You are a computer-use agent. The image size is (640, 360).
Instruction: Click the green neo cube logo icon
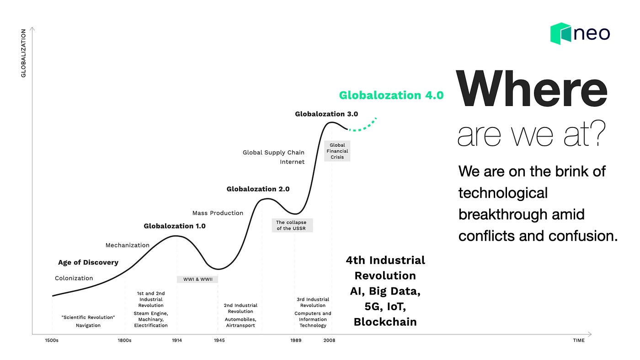560,33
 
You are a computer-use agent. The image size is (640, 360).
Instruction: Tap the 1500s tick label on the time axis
52,340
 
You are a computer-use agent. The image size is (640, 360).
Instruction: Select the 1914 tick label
177,340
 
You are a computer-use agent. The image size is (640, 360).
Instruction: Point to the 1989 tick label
296,340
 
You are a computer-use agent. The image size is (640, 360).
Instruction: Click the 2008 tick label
329,340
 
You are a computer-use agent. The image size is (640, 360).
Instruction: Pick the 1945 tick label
219,340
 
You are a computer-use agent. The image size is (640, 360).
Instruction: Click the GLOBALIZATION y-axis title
23,53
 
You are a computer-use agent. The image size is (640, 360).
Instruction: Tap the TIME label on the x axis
579,340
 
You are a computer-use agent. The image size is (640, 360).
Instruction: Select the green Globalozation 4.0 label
391,95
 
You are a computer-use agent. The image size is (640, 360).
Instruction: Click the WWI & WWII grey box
197,279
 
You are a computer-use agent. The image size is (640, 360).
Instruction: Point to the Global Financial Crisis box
337,151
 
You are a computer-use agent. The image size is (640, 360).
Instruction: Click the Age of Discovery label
88,262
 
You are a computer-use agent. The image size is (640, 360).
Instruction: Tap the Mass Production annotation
218,213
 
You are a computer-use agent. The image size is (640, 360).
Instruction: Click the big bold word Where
531,89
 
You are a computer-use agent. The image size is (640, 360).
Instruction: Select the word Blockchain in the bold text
385,322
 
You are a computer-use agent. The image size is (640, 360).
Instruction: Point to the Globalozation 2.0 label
258,189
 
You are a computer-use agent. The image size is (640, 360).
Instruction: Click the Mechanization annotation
128,245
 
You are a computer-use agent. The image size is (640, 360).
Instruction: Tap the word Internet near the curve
292,162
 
